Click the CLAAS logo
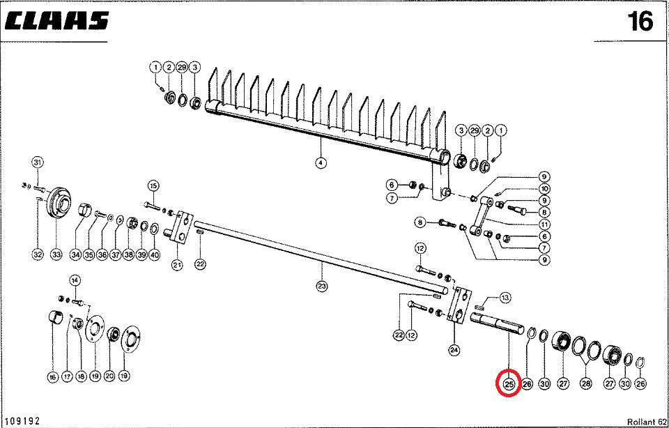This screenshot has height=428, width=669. [57, 22]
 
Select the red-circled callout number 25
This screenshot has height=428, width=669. [508, 384]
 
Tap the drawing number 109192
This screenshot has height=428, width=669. [22, 420]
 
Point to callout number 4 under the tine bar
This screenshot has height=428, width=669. [321, 164]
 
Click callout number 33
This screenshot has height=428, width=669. [56, 255]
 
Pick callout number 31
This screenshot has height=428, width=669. [37, 163]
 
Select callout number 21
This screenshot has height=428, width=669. [177, 265]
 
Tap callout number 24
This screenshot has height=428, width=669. [454, 350]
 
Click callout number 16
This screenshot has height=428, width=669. [52, 377]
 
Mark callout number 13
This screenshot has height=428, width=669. [505, 297]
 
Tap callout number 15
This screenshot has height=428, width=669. [153, 185]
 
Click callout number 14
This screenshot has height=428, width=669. [75, 280]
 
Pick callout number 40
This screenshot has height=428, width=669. [154, 255]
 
